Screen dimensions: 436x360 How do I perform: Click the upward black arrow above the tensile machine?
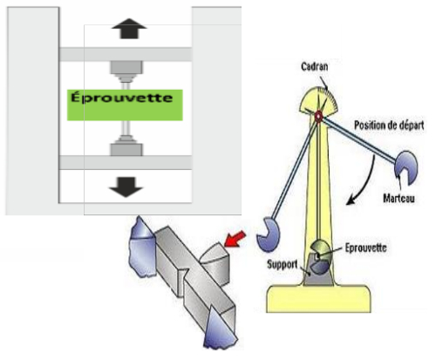point(129,29)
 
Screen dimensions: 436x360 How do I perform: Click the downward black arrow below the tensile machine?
point(126,187)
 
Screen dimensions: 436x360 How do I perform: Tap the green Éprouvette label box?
point(125,105)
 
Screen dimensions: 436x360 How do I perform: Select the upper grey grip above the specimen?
point(126,71)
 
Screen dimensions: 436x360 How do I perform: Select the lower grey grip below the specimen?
point(126,146)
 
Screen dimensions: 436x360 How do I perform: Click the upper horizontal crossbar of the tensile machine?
point(126,54)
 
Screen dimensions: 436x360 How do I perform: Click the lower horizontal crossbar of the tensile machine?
point(126,162)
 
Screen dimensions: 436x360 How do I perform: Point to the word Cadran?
point(315,66)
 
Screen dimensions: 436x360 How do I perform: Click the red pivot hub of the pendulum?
point(318,116)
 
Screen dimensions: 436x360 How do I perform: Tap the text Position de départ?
point(389,126)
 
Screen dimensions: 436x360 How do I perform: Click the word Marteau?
point(399,198)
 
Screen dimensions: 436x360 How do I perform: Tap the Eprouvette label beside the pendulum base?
point(365,248)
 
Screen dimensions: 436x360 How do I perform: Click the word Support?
point(282,264)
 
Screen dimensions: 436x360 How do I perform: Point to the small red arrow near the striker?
point(235,239)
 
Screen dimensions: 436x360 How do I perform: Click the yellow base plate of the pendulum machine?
point(318,298)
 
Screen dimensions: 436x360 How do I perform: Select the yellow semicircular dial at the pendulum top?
point(318,100)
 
